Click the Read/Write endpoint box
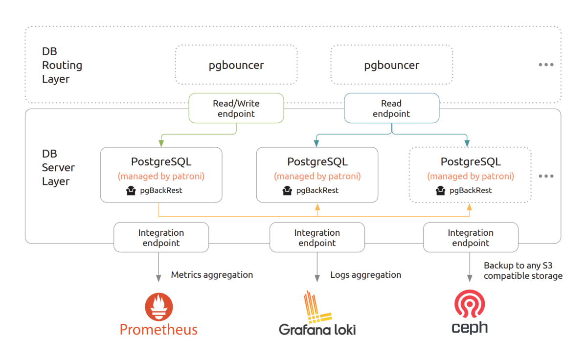pos(236,108)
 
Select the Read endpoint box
pos(391,108)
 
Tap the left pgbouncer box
pos(236,65)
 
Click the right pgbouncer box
pos(391,65)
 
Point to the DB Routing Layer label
pos(62,65)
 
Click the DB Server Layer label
pos(58,167)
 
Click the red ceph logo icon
pos(470,304)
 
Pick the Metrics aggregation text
pos(212,275)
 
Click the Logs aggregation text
pos(365,275)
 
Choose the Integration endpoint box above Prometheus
pos(161,238)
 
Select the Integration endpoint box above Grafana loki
pos(317,238)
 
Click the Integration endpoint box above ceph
pos(471,238)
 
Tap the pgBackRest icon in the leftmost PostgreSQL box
pos(131,191)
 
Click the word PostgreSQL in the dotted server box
pos(471,162)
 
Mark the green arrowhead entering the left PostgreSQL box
pos(161,143)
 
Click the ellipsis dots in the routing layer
pos(546,65)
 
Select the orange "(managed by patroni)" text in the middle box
pos(317,176)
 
